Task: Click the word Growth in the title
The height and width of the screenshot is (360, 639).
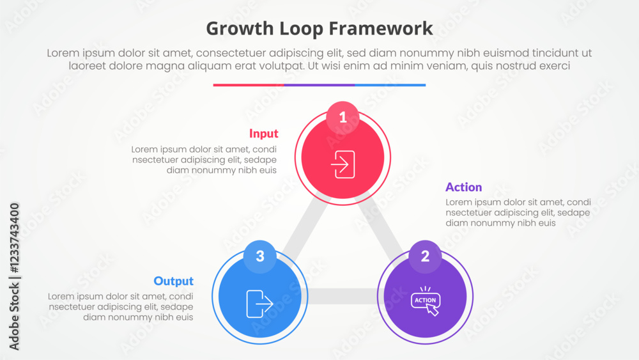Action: coord(240,29)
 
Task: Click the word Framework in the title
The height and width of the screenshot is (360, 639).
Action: coord(381,29)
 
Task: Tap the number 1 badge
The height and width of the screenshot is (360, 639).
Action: coord(343,118)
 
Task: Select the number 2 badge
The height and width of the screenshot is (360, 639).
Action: coord(425,256)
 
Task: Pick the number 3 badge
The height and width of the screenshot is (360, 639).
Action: coord(260,256)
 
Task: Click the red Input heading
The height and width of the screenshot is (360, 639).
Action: coord(264,134)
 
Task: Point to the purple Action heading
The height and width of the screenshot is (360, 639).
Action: coord(464,187)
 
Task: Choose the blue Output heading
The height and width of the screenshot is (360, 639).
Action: coord(174,281)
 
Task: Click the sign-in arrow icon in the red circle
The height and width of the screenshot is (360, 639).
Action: coord(343,164)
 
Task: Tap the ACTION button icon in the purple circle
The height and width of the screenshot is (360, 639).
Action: coord(426,301)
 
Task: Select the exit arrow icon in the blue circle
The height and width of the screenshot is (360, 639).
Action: coord(259,304)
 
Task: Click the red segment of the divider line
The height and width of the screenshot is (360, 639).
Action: coord(249,85)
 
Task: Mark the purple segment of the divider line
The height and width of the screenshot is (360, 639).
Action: coord(319,85)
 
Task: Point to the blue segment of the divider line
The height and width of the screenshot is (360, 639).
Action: coord(390,85)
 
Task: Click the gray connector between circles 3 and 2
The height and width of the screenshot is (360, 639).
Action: coord(343,297)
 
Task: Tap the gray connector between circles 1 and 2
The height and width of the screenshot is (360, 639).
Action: coord(382,227)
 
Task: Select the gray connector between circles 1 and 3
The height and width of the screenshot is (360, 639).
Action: coord(304,227)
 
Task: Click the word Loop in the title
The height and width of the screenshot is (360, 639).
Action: coord(301,29)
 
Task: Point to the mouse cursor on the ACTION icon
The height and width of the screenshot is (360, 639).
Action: coord(433,310)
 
